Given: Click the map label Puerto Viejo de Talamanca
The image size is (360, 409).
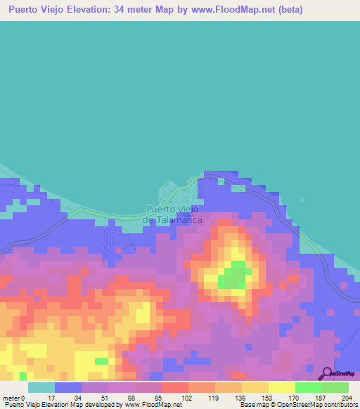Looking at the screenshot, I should [x=173, y=214].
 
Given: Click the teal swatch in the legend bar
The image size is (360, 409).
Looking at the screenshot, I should [x=41, y=388].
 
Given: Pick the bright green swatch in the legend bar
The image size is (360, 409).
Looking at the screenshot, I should [x=308, y=388].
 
